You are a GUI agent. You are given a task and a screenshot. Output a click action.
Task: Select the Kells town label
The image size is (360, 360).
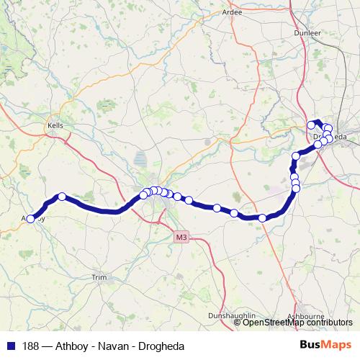tap(55, 125)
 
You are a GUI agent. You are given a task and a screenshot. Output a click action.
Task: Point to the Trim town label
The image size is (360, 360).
tap(99, 276)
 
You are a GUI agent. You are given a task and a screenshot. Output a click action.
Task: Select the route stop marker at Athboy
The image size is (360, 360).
tap(30, 219)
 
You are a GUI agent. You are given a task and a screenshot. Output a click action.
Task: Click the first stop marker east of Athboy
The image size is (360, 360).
tap(62, 196)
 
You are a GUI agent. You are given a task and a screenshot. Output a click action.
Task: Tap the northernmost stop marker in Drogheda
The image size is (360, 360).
tap(312, 125)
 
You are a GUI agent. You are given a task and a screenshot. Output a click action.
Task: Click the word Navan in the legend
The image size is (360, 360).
tap(98, 346)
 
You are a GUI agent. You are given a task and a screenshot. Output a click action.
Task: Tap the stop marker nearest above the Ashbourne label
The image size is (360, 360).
tap(262, 217)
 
